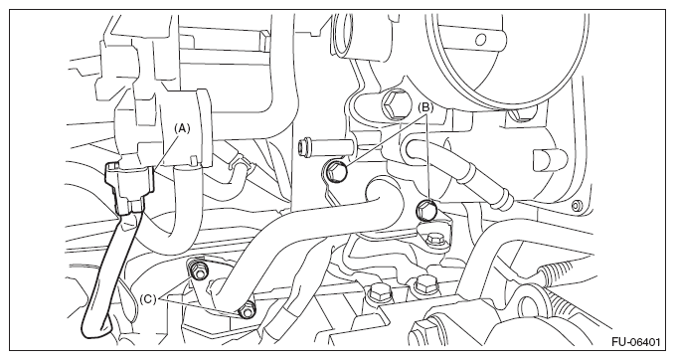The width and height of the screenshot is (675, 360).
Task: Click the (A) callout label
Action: point(181,128)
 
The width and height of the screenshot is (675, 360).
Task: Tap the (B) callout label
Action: point(425,107)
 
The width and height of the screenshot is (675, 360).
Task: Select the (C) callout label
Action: point(148,299)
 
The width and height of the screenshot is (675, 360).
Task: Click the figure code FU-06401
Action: point(636,342)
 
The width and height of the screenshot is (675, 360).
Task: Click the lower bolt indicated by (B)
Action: point(426,209)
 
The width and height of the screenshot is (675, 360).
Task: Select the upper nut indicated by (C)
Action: point(198,270)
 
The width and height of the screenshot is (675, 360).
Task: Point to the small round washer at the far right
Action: point(576,206)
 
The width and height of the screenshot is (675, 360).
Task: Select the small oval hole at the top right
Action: point(480,40)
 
